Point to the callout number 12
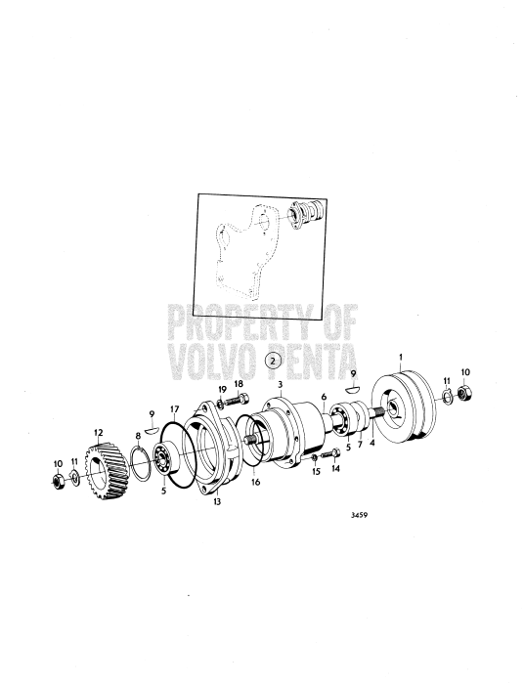(x=98, y=431)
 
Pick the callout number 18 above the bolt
(x=240, y=386)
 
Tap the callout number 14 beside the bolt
(x=336, y=468)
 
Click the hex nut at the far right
(x=464, y=398)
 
